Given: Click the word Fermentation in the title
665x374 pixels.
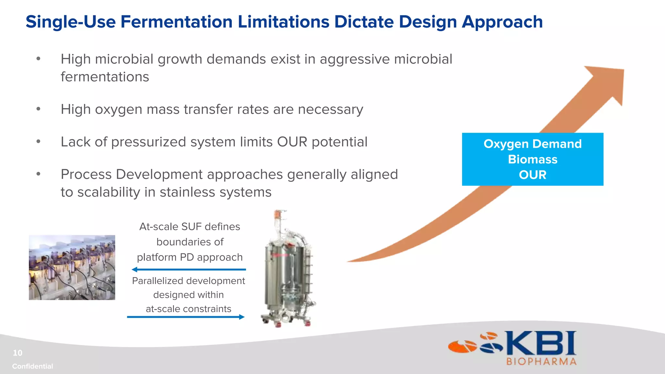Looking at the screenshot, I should pyautogui.click(x=176, y=22).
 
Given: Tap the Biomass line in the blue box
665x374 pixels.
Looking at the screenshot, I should pyautogui.click(x=533, y=159).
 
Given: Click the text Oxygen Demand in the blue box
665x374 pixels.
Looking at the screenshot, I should pyautogui.click(x=533, y=144).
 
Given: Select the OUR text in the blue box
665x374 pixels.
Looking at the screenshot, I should pyautogui.click(x=533, y=175).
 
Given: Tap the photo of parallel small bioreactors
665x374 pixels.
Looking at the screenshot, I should pyautogui.click(x=72, y=267).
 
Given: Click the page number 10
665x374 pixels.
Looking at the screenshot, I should pyautogui.click(x=18, y=353).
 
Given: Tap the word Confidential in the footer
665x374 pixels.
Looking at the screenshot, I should pyautogui.click(x=32, y=366).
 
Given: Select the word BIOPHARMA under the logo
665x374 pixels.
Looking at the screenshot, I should pyautogui.click(x=541, y=362).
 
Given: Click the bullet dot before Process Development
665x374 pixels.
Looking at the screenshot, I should pyautogui.click(x=38, y=174).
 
